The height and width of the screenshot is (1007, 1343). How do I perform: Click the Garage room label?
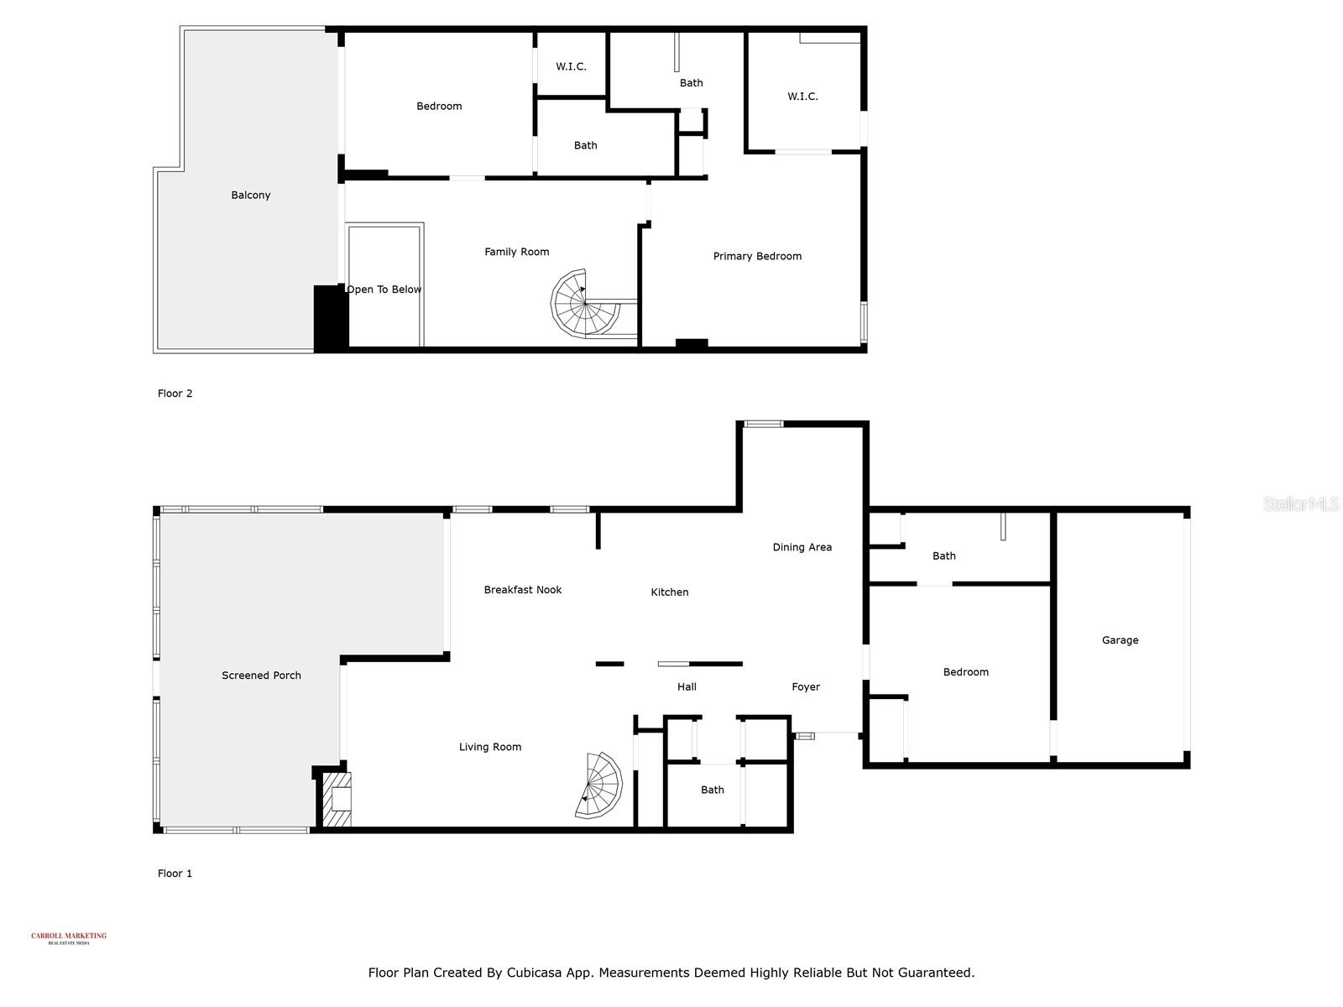click(1120, 640)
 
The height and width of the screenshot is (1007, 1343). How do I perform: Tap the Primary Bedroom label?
click(757, 257)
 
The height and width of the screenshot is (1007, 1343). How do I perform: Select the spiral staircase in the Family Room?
click(585, 304)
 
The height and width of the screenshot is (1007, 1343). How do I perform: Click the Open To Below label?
click(384, 290)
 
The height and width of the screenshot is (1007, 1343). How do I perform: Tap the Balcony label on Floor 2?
click(251, 196)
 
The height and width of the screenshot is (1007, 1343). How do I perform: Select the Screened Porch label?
click(261, 676)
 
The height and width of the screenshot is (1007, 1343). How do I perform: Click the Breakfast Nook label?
click(522, 590)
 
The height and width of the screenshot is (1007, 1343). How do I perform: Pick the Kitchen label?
click(670, 592)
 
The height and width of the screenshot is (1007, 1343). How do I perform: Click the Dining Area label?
click(802, 547)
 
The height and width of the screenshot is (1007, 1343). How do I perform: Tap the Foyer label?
click(805, 687)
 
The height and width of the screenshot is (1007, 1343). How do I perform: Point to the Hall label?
click(687, 687)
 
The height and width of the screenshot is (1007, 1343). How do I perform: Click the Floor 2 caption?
click(175, 394)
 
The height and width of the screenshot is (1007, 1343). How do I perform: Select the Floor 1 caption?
click(175, 874)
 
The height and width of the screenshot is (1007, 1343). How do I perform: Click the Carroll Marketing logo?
click(69, 937)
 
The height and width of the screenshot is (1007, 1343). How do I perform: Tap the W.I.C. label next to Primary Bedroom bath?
click(802, 97)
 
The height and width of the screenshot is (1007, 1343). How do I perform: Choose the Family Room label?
click(516, 252)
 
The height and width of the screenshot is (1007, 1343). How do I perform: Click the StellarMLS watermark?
click(1301, 504)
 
